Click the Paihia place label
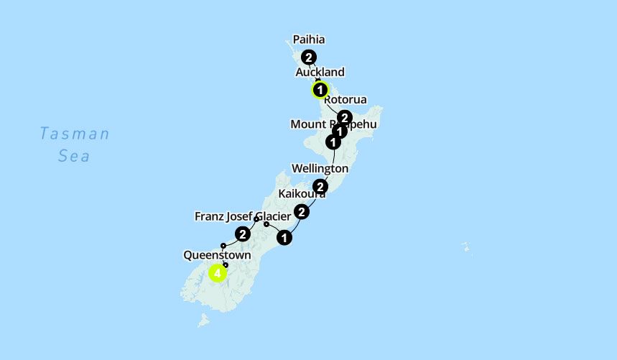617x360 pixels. click(x=309, y=40)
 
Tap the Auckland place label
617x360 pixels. click(x=320, y=72)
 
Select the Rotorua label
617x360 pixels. click(x=345, y=99)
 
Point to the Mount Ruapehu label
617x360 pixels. click(x=333, y=124)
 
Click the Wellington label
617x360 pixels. click(x=320, y=168)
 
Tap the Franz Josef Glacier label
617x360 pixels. click(x=243, y=216)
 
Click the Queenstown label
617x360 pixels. click(x=217, y=255)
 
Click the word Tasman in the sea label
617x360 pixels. click(x=75, y=134)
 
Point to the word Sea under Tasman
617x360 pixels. click(x=74, y=155)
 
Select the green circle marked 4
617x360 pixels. click(x=218, y=273)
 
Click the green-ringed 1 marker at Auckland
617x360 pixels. click(x=320, y=91)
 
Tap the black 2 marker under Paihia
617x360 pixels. click(x=309, y=57)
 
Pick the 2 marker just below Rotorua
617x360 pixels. click(x=345, y=117)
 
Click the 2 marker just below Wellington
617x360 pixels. click(x=320, y=187)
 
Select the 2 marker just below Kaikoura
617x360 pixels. click(x=302, y=211)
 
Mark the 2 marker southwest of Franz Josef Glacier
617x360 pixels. click(x=243, y=234)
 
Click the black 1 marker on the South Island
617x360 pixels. click(x=284, y=237)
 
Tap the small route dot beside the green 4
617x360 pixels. click(x=226, y=265)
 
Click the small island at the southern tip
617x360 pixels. click(x=204, y=320)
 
